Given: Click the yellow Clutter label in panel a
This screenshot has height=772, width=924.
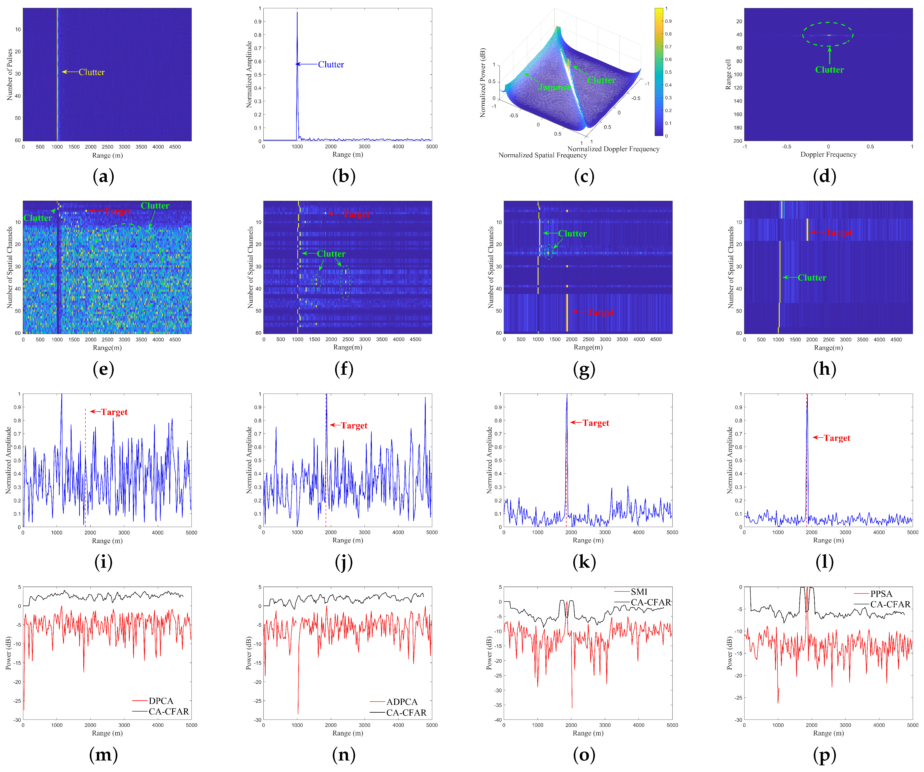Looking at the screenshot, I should pos(92,72).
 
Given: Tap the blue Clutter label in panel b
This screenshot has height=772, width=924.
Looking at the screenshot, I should pos(331,65).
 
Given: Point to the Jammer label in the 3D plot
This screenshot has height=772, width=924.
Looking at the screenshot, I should pos(554,88).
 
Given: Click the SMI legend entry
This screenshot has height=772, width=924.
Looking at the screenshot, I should pos(639,592).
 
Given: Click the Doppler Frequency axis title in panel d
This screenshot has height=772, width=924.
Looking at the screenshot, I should pos(828,154).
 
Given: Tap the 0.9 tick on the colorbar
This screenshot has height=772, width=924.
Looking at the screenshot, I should pos(668,21).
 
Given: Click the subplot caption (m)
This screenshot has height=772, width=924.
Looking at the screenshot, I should pos(103,755).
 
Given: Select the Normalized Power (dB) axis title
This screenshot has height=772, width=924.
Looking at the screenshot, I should pos(483,83).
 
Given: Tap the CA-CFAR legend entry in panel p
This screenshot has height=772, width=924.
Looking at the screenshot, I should pos(890,604).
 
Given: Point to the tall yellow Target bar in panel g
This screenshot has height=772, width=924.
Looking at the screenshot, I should pos(567,312).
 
